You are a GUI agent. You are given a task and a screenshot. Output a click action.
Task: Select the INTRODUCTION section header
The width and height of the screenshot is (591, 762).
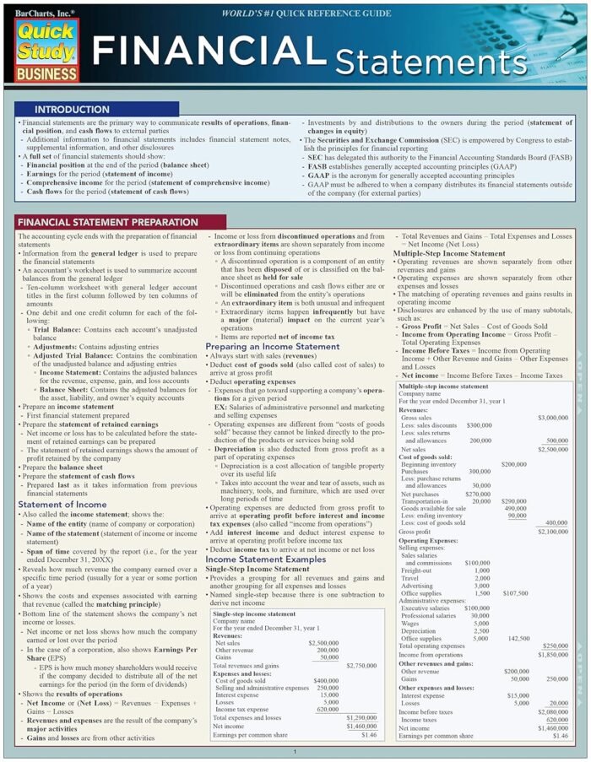[71, 110]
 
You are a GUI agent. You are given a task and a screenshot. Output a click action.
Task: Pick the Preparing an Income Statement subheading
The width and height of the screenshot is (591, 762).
[272, 346]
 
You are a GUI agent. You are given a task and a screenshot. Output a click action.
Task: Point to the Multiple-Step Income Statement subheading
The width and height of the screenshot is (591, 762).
[449, 253]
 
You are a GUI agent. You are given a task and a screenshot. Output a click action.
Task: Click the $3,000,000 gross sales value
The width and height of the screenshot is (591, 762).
[552, 418]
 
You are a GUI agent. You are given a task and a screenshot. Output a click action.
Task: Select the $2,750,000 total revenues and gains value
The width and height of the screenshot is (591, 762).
[361, 666]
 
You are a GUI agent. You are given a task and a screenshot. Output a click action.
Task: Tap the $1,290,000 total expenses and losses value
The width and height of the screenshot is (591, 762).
[361, 716]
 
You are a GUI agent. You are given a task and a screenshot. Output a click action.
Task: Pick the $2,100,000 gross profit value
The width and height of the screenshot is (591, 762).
[552, 532]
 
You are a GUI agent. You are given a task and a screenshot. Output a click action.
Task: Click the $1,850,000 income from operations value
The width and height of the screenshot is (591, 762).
[552, 655]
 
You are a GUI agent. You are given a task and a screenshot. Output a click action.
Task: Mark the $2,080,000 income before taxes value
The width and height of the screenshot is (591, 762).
[552, 711]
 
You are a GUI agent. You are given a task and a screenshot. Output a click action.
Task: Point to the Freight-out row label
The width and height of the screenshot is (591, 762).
[417, 570]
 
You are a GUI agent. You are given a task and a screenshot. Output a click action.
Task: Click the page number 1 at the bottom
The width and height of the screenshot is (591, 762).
[295, 751]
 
